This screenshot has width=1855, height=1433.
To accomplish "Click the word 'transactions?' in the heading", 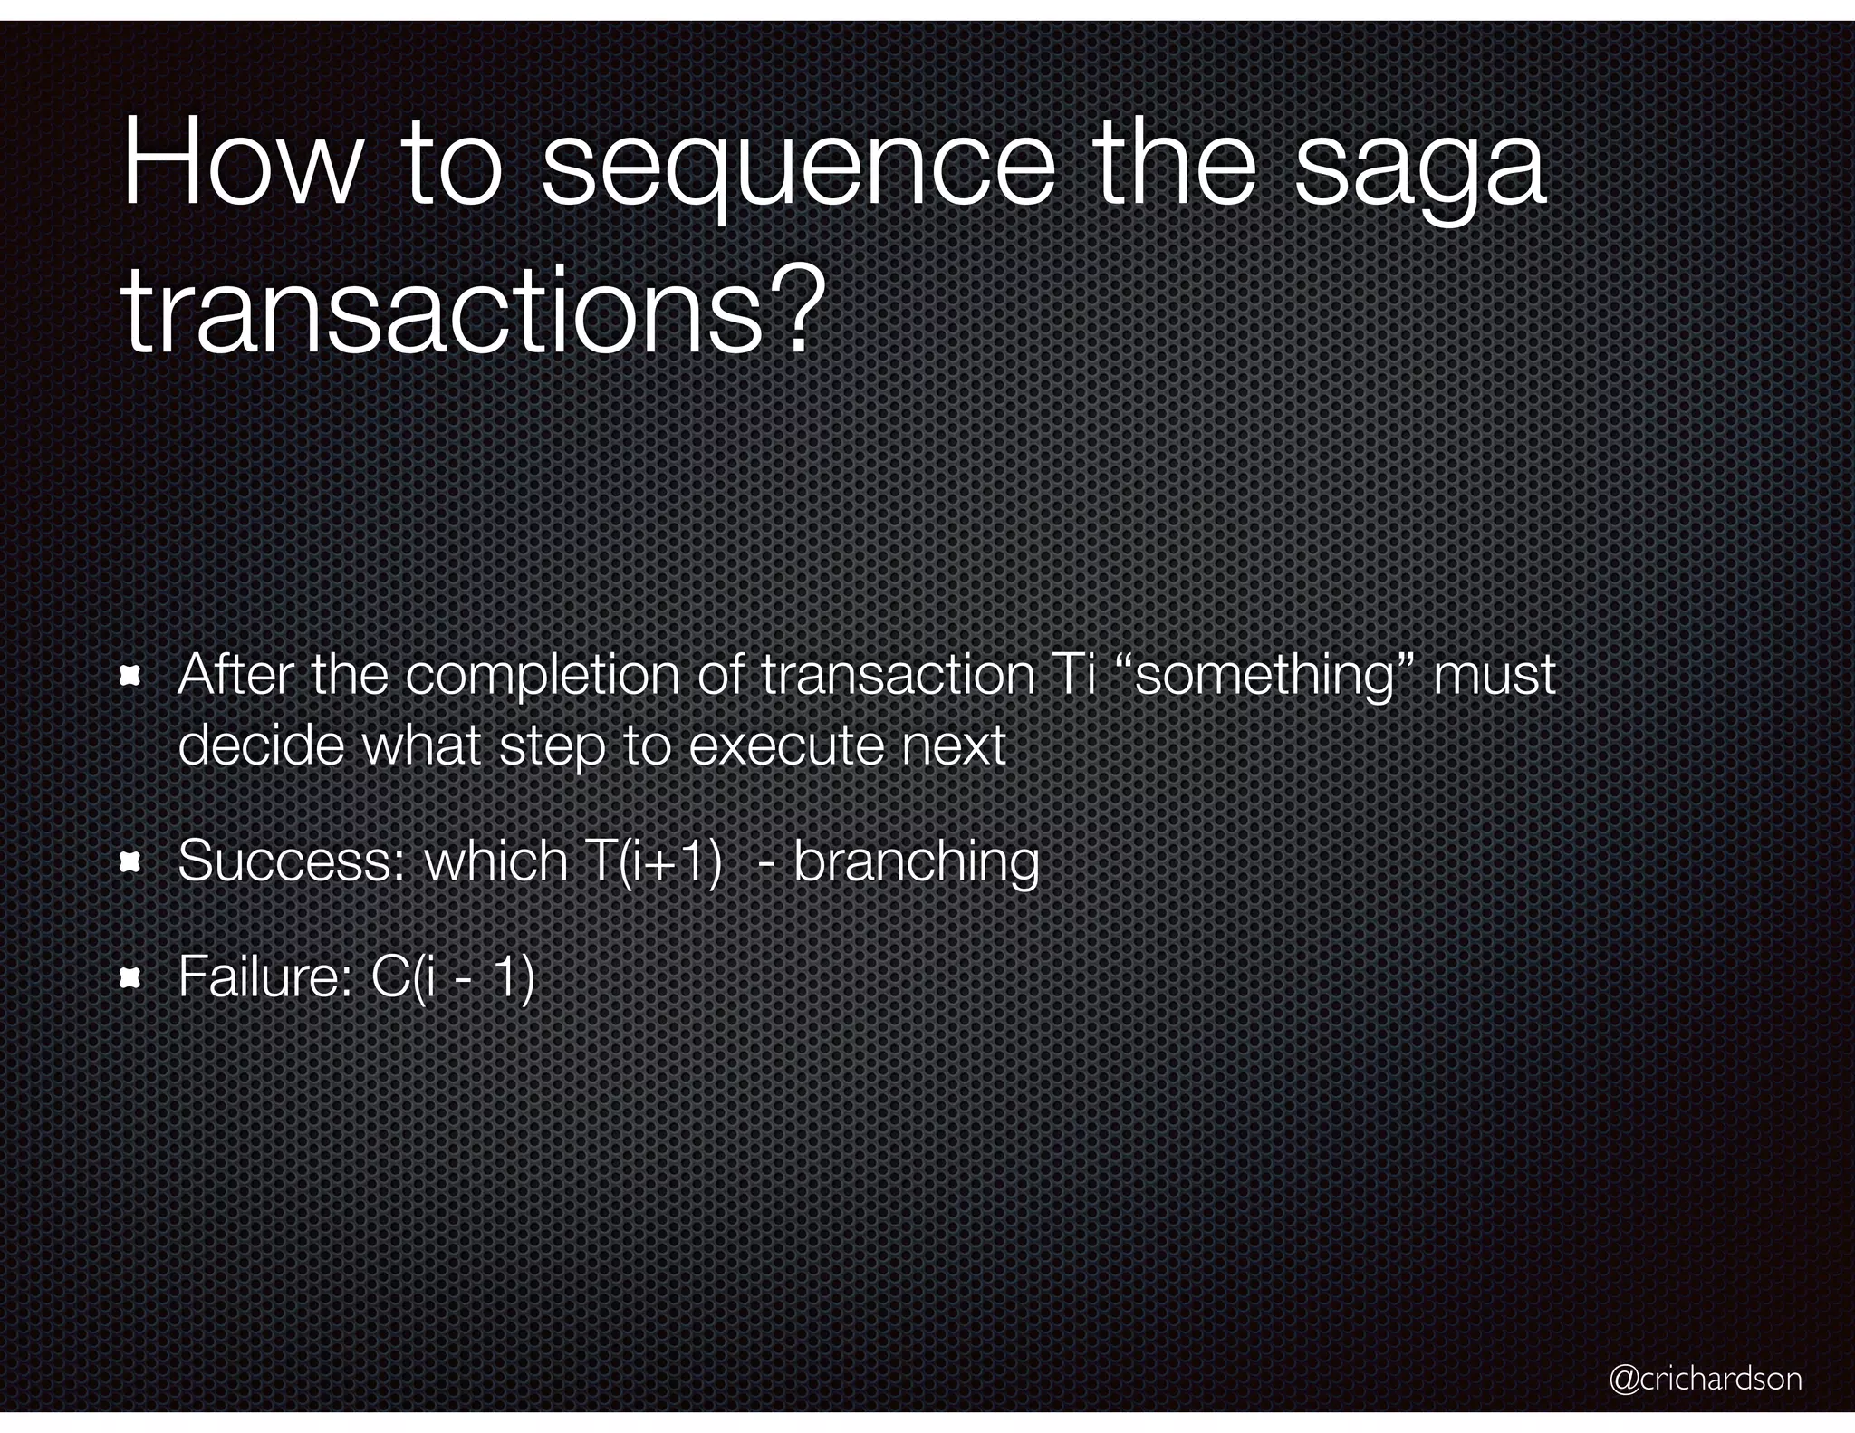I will coord(475,313).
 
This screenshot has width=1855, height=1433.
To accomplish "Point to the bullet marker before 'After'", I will coord(131,676).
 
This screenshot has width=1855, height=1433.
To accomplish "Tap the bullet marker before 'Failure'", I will coord(131,976).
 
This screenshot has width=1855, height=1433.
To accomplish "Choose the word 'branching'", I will coord(917,862).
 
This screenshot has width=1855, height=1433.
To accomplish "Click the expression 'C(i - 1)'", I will coord(453,976).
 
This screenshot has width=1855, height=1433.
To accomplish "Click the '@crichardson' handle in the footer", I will coord(1705,1378).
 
